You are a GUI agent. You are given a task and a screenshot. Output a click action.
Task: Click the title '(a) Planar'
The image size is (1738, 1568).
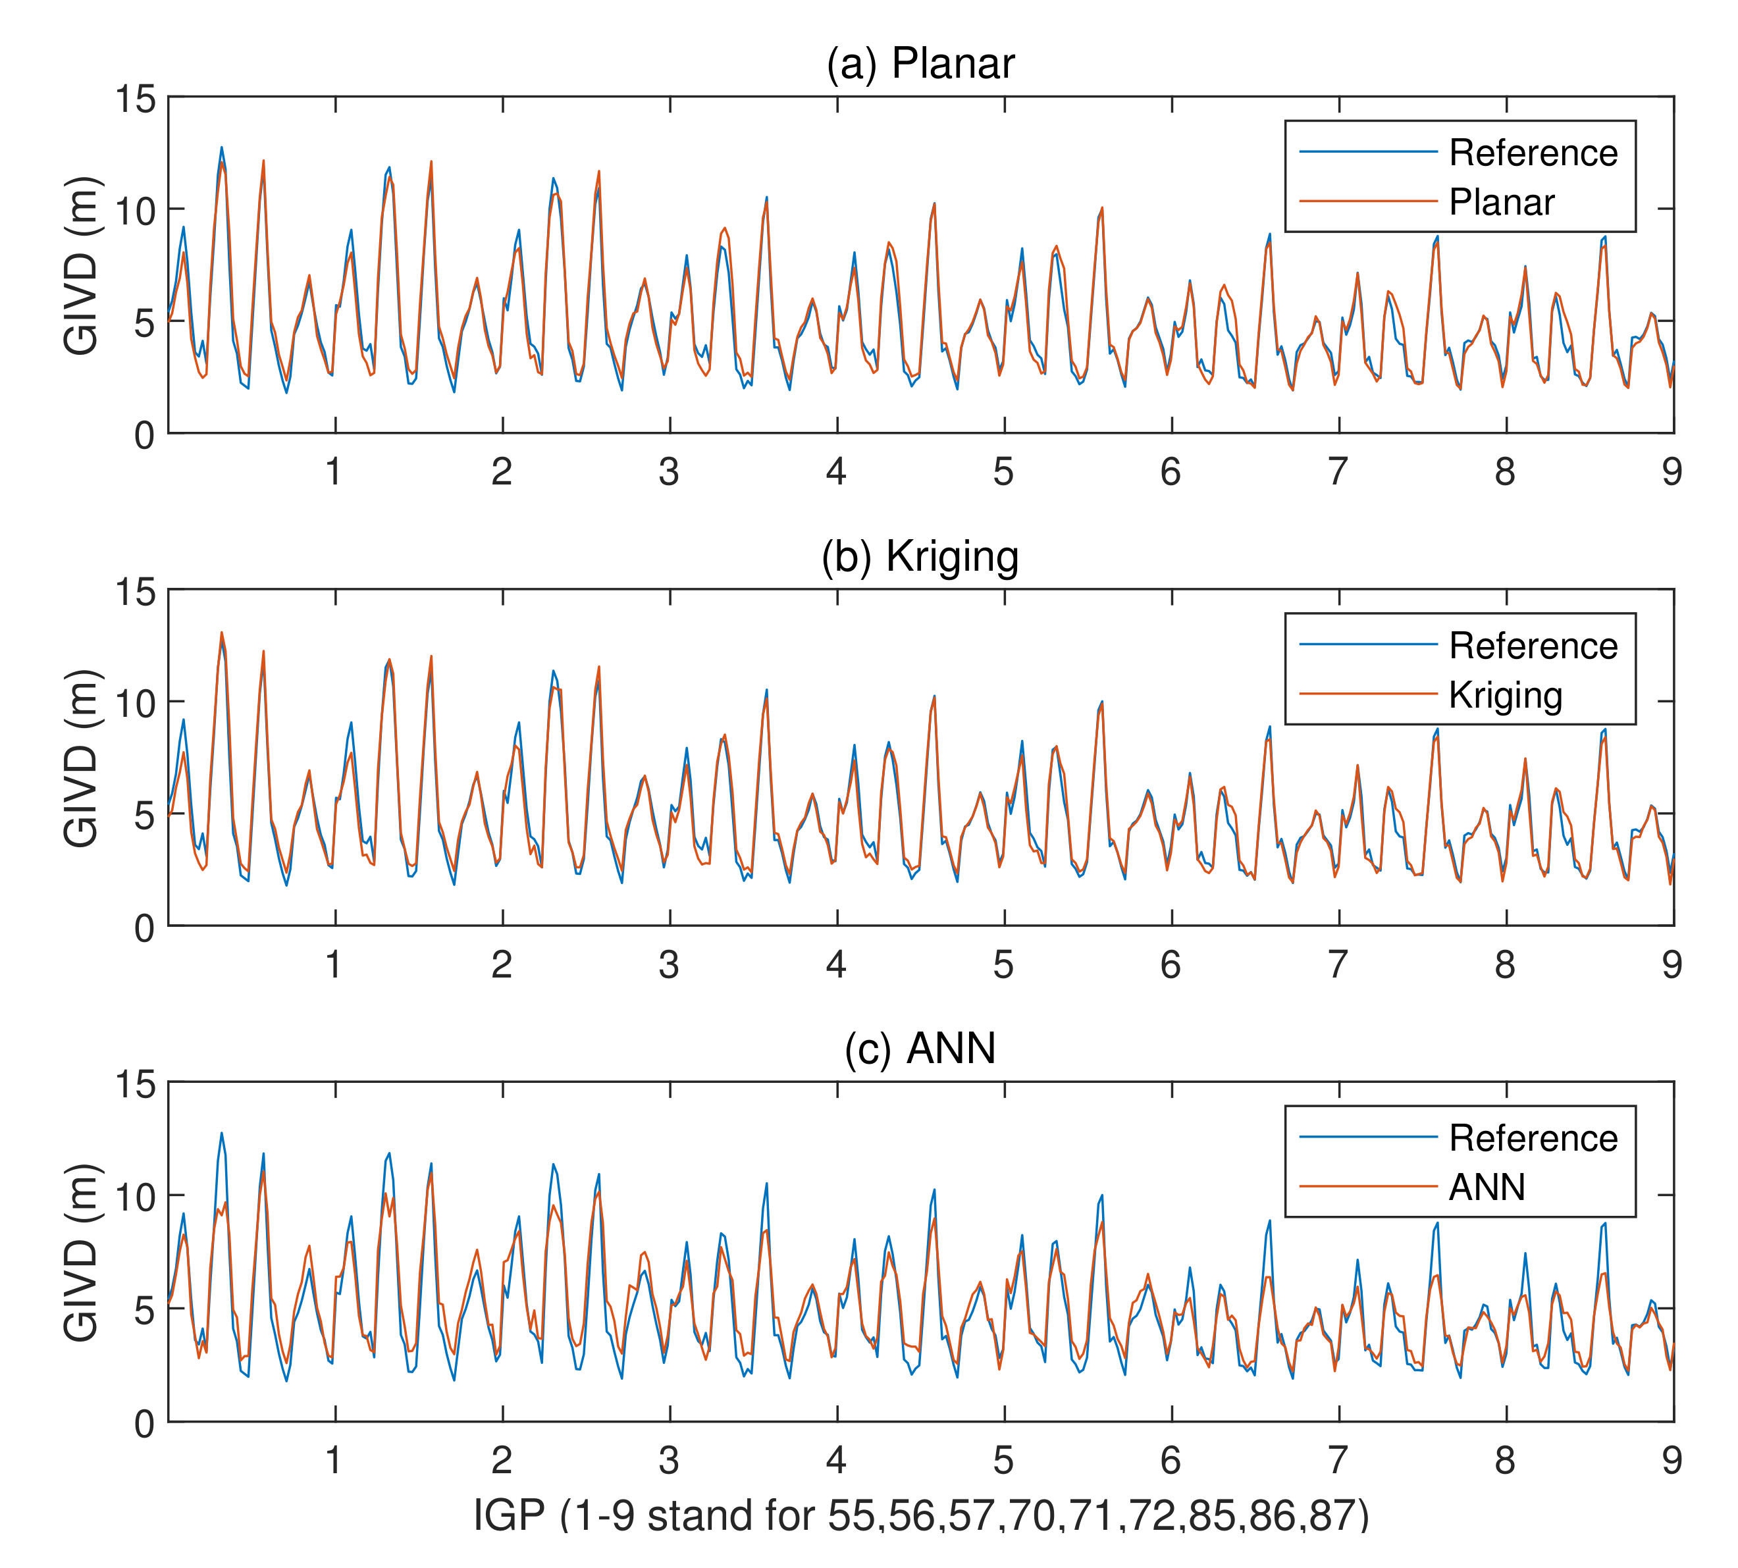tap(920, 64)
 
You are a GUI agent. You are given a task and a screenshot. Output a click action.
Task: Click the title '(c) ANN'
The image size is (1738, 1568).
tap(920, 1049)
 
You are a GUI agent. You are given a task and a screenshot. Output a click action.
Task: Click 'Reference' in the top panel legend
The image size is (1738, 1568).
tap(1532, 153)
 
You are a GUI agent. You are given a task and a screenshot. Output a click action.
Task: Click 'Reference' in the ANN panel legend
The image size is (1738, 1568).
tap(1532, 1139)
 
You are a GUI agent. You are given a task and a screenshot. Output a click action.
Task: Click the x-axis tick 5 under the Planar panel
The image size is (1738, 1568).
tap(1003, 471)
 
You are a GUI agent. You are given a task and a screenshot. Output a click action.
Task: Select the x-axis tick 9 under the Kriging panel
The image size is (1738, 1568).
tap(1671, 964)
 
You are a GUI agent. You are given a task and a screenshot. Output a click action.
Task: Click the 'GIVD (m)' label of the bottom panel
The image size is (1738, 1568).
tap(82, 1252)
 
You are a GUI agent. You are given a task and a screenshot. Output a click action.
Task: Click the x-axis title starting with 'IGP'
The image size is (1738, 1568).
tap(920, 1515)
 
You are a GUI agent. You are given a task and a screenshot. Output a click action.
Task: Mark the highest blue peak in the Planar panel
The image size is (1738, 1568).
tap(221, 147)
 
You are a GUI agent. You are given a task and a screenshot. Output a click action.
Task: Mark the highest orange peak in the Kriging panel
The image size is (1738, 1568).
tap(221, 633)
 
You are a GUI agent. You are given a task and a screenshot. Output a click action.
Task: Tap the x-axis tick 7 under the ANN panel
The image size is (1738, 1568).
tap(1336, 1459)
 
